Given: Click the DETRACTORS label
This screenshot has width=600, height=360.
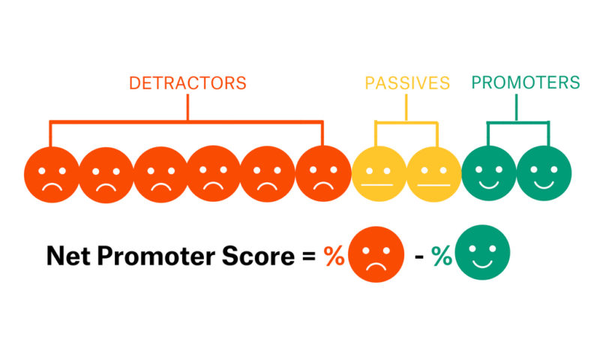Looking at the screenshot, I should [187, 82].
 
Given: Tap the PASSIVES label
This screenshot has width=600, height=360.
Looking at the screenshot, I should [407, 82].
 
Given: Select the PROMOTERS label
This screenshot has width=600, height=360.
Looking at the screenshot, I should [526, 82].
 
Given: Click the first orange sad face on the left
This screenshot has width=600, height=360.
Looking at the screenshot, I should [52, 174].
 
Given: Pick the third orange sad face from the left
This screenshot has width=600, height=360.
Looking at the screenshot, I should [161, 174].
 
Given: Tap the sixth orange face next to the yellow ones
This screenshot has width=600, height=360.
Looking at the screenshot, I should [323, 174].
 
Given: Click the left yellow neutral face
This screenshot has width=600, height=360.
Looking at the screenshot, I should [379, 174].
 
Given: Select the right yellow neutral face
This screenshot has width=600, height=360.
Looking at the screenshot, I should [433, 174].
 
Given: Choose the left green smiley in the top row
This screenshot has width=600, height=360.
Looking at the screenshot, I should [488, 174].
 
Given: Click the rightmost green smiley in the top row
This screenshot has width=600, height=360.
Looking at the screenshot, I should [544, 174].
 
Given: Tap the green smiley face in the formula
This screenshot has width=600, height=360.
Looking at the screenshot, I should [483, 254].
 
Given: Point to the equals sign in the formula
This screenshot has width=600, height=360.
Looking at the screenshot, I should [309, 256].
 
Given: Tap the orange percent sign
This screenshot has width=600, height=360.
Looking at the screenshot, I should [334, 256].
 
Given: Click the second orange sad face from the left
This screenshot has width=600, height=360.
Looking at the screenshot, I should [106, 174].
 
